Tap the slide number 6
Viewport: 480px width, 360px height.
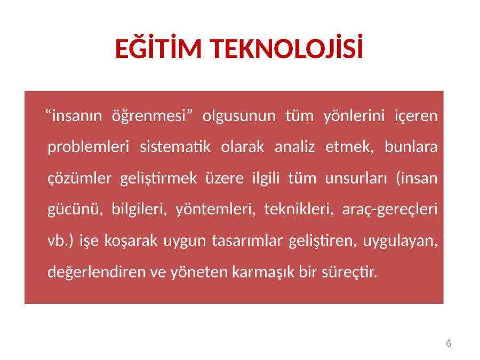click(449, 343)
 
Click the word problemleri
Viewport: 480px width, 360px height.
click(88, 147)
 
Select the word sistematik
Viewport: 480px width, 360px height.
click(175, 147)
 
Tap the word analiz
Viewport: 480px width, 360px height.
click(294, 147)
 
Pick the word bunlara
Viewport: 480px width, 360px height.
click(411, 147)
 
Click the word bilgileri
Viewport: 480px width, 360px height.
click(139, 210)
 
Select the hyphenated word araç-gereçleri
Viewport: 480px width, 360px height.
click(390, 210)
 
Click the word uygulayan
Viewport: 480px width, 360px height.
click(400, 241)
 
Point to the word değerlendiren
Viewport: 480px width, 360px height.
click(97, 272)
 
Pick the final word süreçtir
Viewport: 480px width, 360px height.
click(349, 272)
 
